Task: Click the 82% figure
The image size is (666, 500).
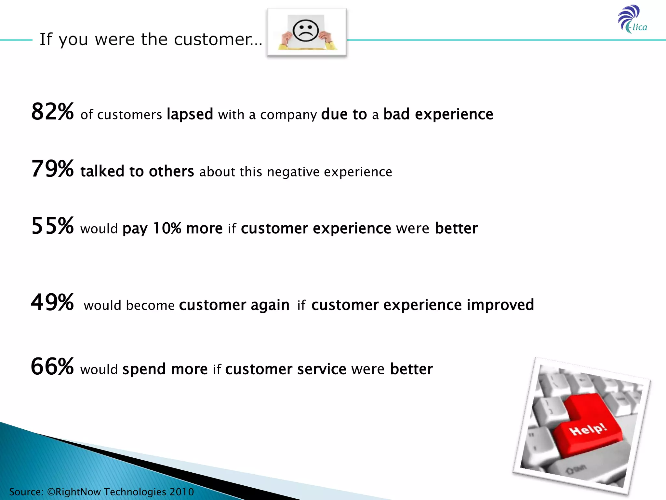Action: click(52, 112)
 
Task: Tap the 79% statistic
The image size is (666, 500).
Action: click(52, 169)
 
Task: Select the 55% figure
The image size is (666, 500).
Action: click(52, 226)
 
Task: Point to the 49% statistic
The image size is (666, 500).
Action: click(52, 302)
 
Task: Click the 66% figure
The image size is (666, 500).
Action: click(52, 367)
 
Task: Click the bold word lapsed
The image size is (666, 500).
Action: click(190, 115)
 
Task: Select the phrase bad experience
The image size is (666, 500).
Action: click(438, 114)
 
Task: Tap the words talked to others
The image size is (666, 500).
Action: click(137, 171)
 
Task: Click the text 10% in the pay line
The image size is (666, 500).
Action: click(167, 228)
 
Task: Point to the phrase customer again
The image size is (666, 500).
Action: click(234, 305)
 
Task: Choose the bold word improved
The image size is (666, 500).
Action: click(500, 305)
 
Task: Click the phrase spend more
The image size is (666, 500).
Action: click(165, 369)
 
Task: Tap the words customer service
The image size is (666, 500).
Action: click(286, 369)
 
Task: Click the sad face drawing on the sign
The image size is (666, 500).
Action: click(305, 31)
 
